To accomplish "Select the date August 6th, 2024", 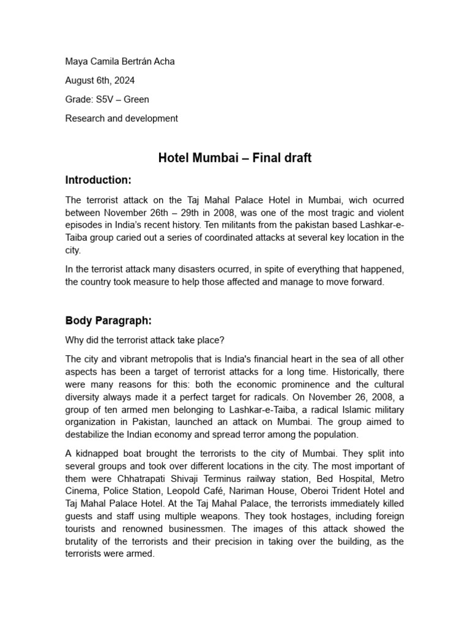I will coord(100,80).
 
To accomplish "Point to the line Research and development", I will coord(122,118).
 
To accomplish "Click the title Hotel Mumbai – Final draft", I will coord(235,158).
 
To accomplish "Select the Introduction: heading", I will coord(98,179).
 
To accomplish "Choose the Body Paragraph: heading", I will coord(108,320).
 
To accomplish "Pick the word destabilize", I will coord(91,435).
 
